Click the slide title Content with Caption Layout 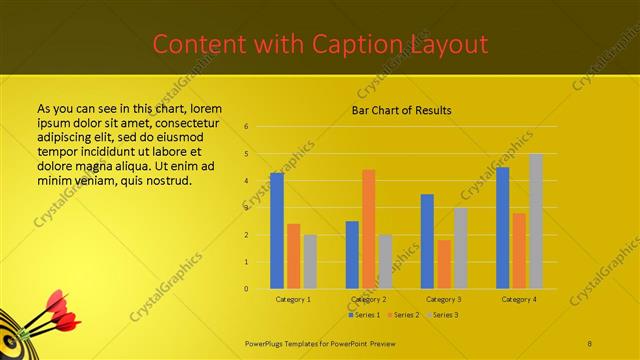coord(320,44)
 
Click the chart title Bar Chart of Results coord(401,110)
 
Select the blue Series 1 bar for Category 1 coord(277,230)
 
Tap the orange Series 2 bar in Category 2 coord(368,229)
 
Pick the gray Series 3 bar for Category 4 coord(536,221)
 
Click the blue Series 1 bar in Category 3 coord(427,241)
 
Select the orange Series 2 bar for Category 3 coord(443,264)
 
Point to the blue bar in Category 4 coord(502,228)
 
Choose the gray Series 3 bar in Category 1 coord(310,262)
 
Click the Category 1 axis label coord(293,299)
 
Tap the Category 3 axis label coord(443,299)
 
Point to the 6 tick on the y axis coord(246,127)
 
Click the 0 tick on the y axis coord(246,289)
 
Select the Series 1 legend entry coord(365,315)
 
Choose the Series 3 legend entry coord(442,315)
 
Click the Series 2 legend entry coord(404,315)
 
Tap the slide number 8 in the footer coord(590,342)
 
